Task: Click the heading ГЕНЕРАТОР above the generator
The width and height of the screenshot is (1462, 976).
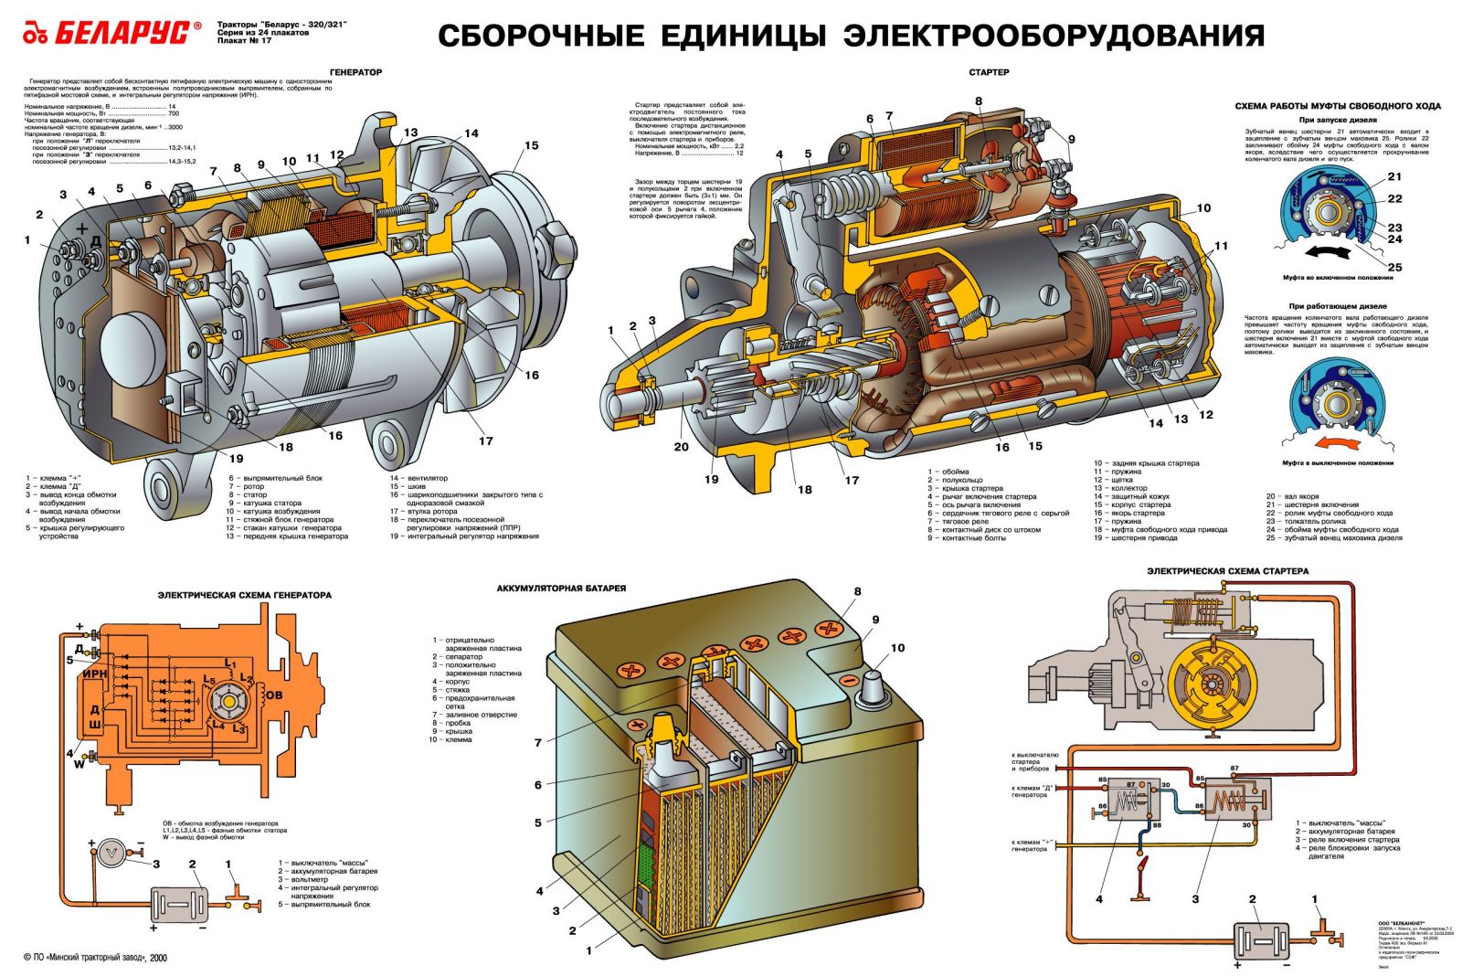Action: click(x=356, y=72)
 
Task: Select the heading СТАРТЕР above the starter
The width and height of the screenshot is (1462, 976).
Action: click(x=989, y=72)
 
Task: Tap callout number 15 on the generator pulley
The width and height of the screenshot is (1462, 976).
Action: click(x=532, y=145)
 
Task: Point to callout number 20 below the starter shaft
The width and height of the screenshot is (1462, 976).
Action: click(x=681, y=447)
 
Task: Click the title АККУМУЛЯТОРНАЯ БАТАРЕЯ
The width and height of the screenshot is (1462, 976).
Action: click(x=561, y=589)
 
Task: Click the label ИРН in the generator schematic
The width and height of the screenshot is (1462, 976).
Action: click(x=95, y=674)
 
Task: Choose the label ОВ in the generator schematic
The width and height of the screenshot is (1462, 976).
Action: click(x=273, y=695)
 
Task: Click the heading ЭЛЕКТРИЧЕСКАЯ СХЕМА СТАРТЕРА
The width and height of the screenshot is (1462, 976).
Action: click(x=1227, y=571)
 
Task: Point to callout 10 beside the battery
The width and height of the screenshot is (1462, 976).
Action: click(x=897, y=648)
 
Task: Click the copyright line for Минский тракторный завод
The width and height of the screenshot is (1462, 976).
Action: click(x=95, y=958)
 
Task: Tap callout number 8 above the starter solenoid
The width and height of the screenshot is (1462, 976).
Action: click(x=978, y=101)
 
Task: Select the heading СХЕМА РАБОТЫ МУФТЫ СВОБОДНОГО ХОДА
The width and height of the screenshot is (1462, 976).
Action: click(x=1338, y=106)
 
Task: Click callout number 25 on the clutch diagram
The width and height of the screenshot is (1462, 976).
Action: click(x=1394, y=268)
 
